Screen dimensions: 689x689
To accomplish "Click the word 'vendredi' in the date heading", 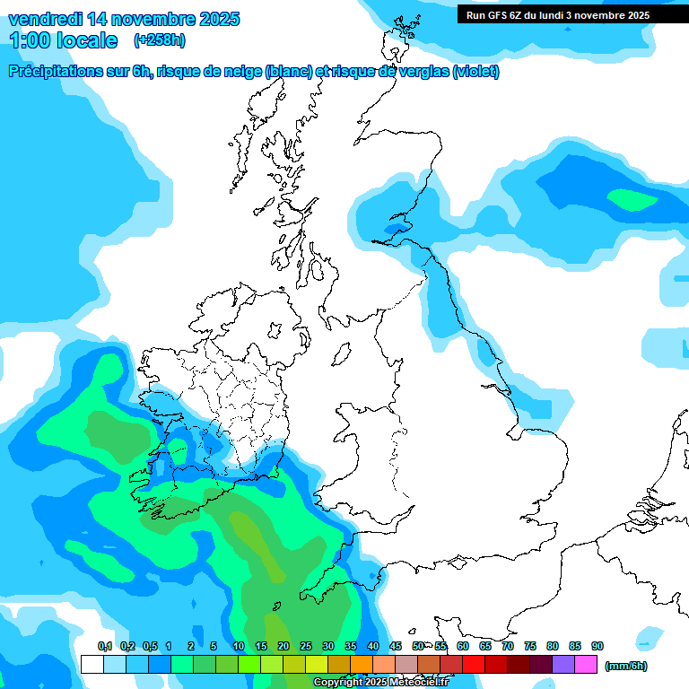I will coord(45,19).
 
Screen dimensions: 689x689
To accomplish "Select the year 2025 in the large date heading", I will coord(214,19).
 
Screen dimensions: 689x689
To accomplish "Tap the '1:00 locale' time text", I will coord(63,40).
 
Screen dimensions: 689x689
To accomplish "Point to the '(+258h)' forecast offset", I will coord(160,40).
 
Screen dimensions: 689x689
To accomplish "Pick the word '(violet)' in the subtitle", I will coord(475,72).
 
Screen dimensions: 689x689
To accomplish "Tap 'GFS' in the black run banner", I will coord(498,15).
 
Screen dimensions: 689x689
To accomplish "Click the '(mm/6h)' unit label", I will coord(625,666).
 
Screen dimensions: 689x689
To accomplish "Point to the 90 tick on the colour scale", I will coord(597,646).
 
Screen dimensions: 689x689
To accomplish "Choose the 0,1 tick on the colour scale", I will coord(105,646).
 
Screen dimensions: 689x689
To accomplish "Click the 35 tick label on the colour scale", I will coord(351,646).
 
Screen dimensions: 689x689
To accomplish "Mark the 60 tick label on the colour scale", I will coord(463,646).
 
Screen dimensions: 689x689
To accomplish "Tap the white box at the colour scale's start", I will coord(92,664).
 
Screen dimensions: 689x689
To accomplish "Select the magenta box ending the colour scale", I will coord(586,664).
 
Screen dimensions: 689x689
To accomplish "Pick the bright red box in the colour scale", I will coord(474,664).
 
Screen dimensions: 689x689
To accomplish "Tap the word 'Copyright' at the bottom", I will coord(338,682).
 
